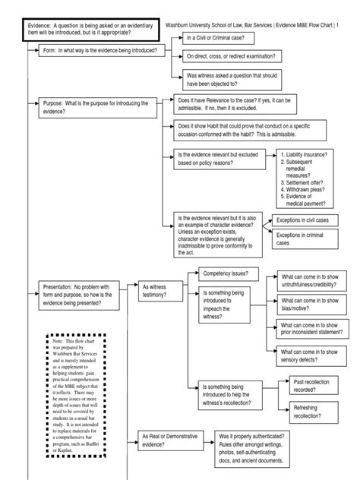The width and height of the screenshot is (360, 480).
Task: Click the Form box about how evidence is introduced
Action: tap(97, 50)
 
